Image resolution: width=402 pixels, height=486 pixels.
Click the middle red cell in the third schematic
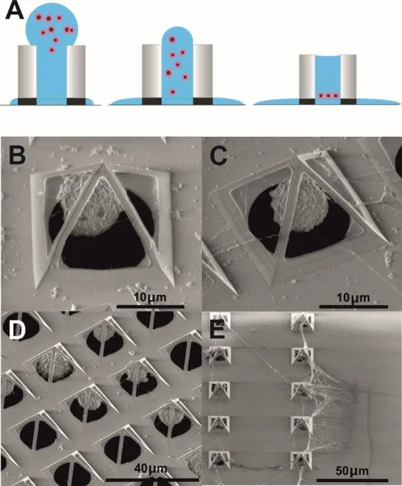click(x=328, y=96)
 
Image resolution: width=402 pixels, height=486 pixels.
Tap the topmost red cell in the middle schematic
click(x=172, y=40)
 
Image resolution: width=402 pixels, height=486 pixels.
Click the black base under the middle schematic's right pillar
click(x=202, y=101)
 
